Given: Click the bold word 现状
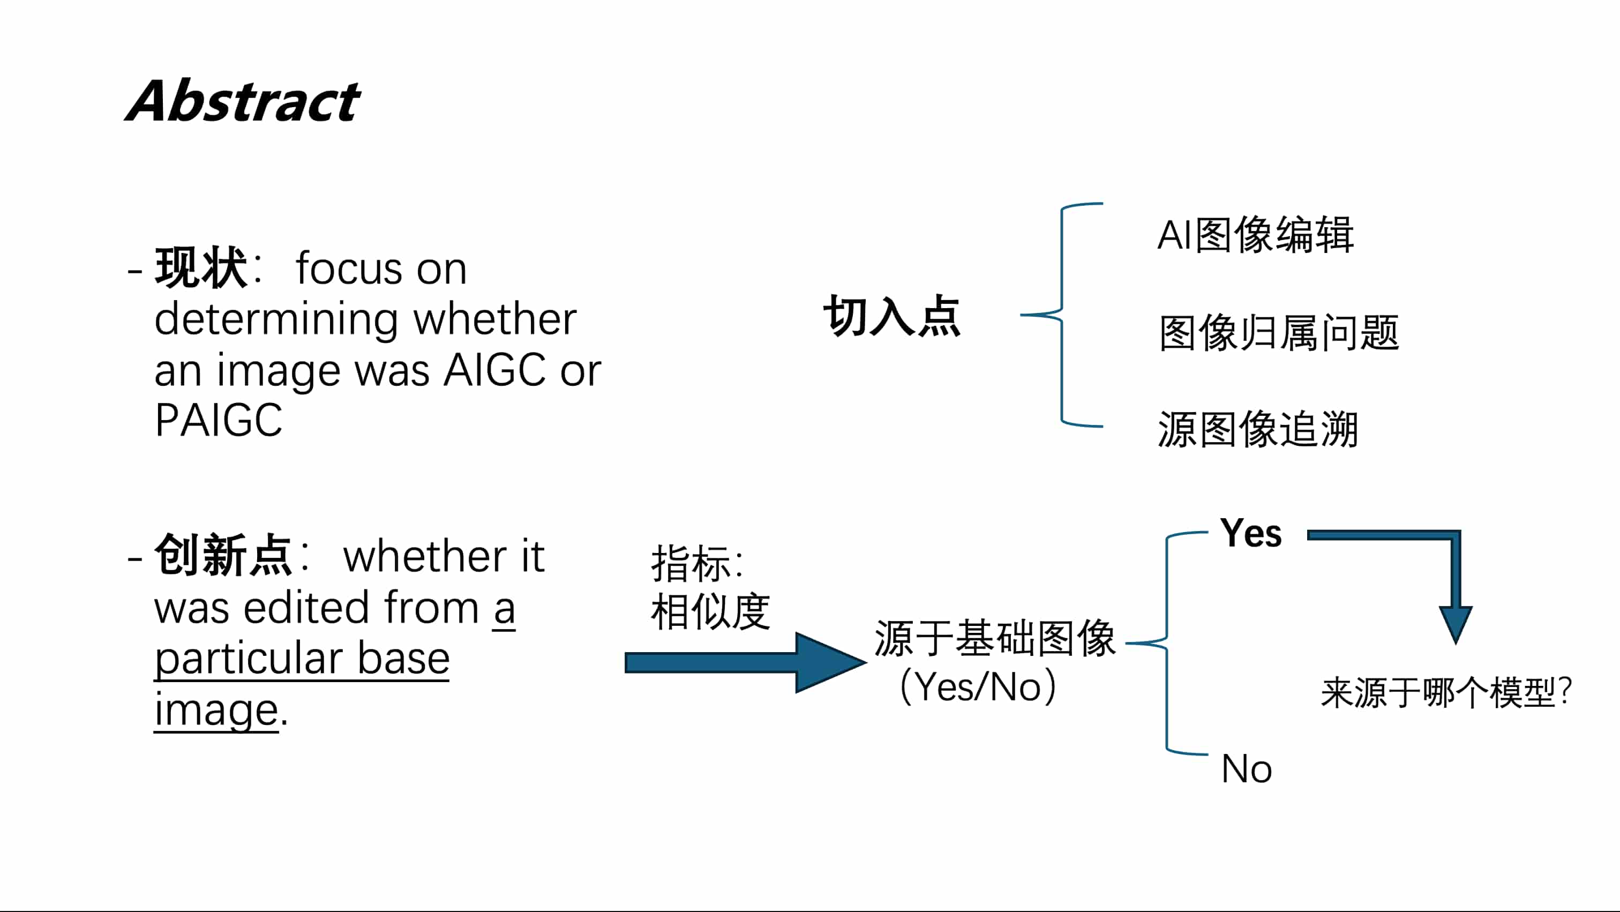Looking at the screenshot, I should [200, 268].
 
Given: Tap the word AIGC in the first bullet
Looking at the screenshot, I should [494, 370].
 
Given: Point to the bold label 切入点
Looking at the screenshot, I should [892, 316].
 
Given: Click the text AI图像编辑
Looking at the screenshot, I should [1255, 235].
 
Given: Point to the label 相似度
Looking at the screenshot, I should [710, 611].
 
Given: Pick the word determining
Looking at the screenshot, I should [276, 319].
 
